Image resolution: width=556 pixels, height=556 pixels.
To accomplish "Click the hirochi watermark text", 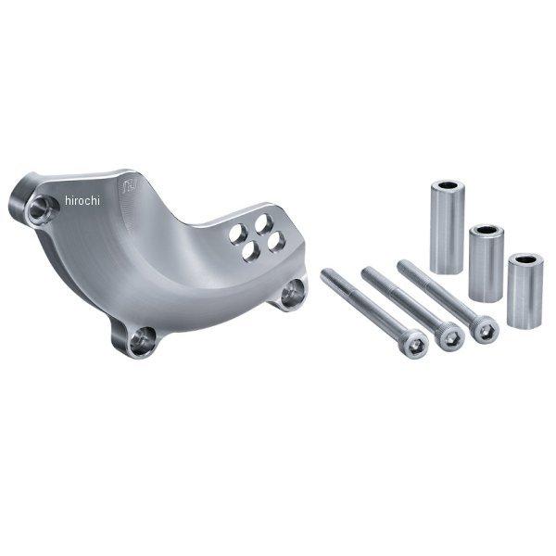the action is [82, 201].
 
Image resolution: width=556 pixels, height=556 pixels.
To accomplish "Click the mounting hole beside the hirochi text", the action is [42, 208].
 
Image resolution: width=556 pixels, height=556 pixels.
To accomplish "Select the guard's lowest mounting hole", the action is [142, 341].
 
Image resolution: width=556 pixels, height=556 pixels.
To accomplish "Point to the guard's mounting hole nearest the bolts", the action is [293, 293].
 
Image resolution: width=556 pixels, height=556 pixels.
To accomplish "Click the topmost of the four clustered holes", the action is [263, 224].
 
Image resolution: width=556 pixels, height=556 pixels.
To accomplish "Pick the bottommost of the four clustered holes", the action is [251, 251].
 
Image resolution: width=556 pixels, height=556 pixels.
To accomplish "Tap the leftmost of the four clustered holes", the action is [237, 234].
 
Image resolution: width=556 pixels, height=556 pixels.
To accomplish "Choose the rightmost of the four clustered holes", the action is [276, 242].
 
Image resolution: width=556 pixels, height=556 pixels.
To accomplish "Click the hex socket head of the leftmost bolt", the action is [413, 343].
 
